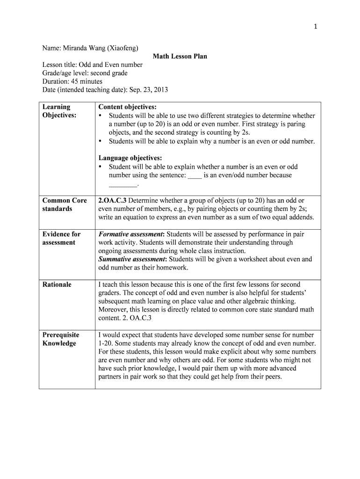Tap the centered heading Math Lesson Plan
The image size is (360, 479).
click(x=180, y=57)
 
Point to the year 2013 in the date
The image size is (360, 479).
click(x=160, y=90)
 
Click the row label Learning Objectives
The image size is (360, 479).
click(x=59, y=111)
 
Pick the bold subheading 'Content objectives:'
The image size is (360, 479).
click(x=127, y=107)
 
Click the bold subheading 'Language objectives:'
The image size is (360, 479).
click(x=130, y=158)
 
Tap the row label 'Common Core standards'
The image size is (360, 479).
click(x=65, y=204)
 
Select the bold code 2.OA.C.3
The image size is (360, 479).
click(x=112, y=200)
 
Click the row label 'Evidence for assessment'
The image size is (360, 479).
click(x=61, y=238)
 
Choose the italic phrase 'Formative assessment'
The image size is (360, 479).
click(x=131, y=234)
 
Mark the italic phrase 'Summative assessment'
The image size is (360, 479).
click(x=133, y=259)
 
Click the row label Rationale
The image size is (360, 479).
click(x=57, y=284)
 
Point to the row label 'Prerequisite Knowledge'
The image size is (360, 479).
click(x=61, y=339)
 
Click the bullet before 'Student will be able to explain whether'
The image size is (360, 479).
click(x=101, y=167)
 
